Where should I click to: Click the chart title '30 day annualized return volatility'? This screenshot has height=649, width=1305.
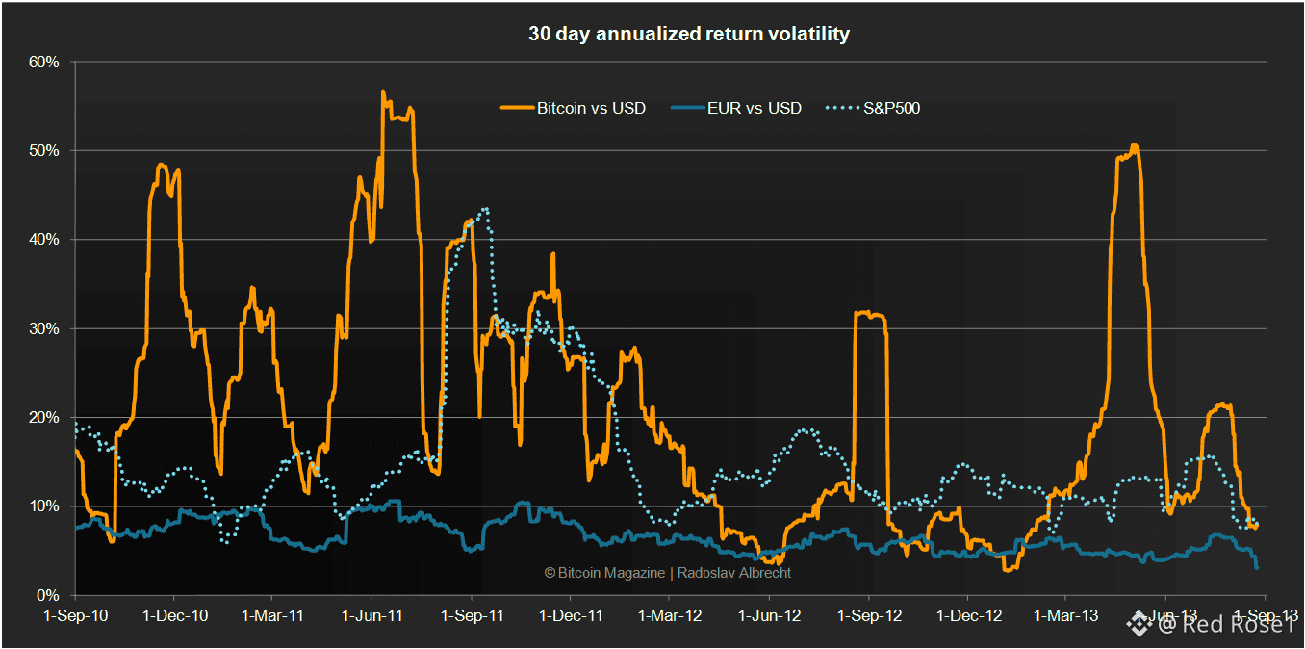pos(688,34)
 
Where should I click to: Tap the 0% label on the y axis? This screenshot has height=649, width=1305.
pos(49,595)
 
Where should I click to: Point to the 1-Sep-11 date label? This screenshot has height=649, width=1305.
pos(473,614)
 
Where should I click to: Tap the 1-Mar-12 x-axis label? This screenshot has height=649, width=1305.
pos(670,614)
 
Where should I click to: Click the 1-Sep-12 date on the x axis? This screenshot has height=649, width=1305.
pos(869,614)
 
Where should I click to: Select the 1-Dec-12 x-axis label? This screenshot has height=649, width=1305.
pos(968,614)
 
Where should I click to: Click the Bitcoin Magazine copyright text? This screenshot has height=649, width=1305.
pos(667,572)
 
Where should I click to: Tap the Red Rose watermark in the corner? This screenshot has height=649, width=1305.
pos(1218,625)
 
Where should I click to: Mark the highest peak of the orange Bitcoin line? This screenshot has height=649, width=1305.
pos(383,91)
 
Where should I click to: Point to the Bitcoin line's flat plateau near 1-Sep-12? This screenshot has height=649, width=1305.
pos(869,313)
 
